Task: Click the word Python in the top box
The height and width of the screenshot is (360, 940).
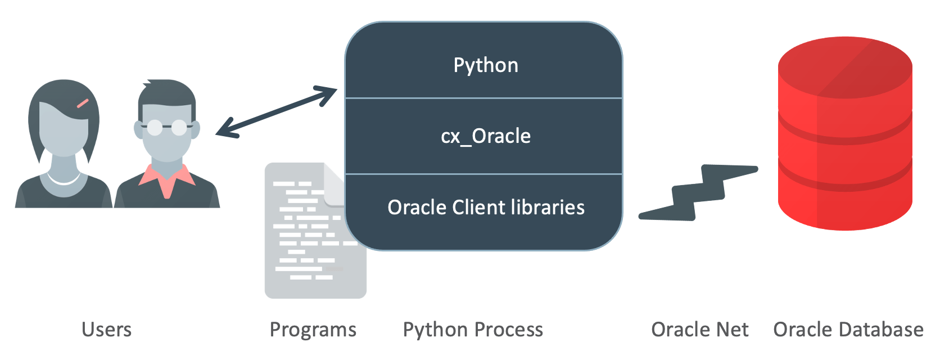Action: tap(486, 65)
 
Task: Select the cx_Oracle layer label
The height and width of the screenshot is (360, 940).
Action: tap(486, 136)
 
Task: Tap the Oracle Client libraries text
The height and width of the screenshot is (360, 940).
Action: tap(486, 208)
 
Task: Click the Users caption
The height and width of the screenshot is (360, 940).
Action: tap(106, 330)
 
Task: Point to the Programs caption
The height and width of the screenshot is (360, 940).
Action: tap(313, 330)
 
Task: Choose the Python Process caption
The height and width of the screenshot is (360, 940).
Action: tap(473, 330)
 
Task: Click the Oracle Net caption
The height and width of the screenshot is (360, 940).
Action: tap(699, 330)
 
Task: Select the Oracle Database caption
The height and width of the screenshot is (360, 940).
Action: tap(848, 330)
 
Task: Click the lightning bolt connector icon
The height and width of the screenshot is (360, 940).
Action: tap(698, 193)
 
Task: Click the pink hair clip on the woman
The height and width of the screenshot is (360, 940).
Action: tap(83, 103)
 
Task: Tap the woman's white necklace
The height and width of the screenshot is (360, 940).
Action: tap(64, 180)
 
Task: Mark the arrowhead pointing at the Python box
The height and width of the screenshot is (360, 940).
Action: tap(329, 94)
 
